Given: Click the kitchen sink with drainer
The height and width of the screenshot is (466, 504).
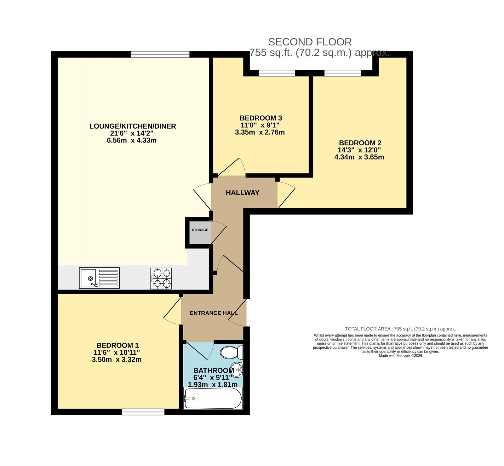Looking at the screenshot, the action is pos(99,278).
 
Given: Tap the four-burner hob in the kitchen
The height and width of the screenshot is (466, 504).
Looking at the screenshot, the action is pos(161,278).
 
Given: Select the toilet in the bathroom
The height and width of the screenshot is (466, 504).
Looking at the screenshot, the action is pos(232,352).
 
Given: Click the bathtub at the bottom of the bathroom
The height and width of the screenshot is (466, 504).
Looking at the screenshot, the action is pos(213,398).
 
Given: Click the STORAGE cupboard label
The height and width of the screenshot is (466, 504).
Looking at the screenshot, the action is pos(200,230).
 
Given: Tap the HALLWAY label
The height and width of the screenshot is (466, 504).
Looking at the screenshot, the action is pos(243,193).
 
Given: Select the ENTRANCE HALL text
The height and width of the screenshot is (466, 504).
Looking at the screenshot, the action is pos(214,313).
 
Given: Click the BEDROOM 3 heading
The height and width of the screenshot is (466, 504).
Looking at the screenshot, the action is pos(261,118).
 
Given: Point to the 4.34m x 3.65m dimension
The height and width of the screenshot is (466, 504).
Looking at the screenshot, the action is pos(359,157).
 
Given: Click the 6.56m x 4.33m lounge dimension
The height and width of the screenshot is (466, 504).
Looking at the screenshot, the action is pos(132,140).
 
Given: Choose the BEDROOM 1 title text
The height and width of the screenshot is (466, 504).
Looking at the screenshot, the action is pos(117,346).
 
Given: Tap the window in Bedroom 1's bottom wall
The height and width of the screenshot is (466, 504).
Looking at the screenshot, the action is pos(143,412).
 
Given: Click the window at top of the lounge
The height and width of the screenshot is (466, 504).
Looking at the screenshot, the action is pos(160,55).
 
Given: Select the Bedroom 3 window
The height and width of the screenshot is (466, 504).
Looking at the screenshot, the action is pos(277,73).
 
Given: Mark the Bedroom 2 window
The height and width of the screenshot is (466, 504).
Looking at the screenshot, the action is pos(342,73).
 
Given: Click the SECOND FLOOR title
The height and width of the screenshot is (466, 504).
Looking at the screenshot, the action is pos(310,42).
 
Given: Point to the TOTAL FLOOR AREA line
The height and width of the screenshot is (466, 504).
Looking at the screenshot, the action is pos(400,329).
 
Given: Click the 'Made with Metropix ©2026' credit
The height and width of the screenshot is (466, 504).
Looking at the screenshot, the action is pos(400,355).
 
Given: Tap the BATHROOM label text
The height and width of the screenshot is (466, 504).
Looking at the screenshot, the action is pos(214,370).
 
